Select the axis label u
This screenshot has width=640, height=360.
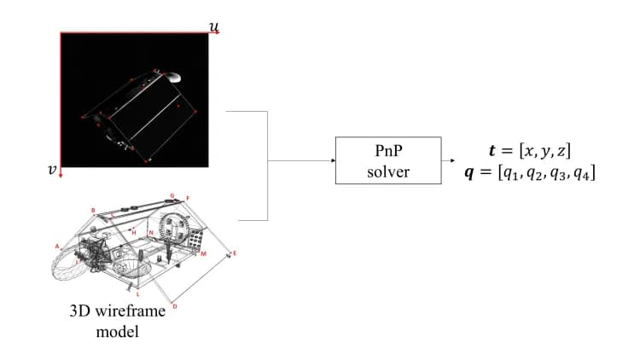213,26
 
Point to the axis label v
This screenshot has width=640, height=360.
52,170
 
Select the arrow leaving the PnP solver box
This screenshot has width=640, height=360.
448,160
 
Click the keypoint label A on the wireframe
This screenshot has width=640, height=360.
58,245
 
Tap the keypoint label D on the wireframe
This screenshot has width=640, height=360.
175,305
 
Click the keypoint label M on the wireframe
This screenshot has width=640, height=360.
203,253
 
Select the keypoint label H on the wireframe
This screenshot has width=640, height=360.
133,231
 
